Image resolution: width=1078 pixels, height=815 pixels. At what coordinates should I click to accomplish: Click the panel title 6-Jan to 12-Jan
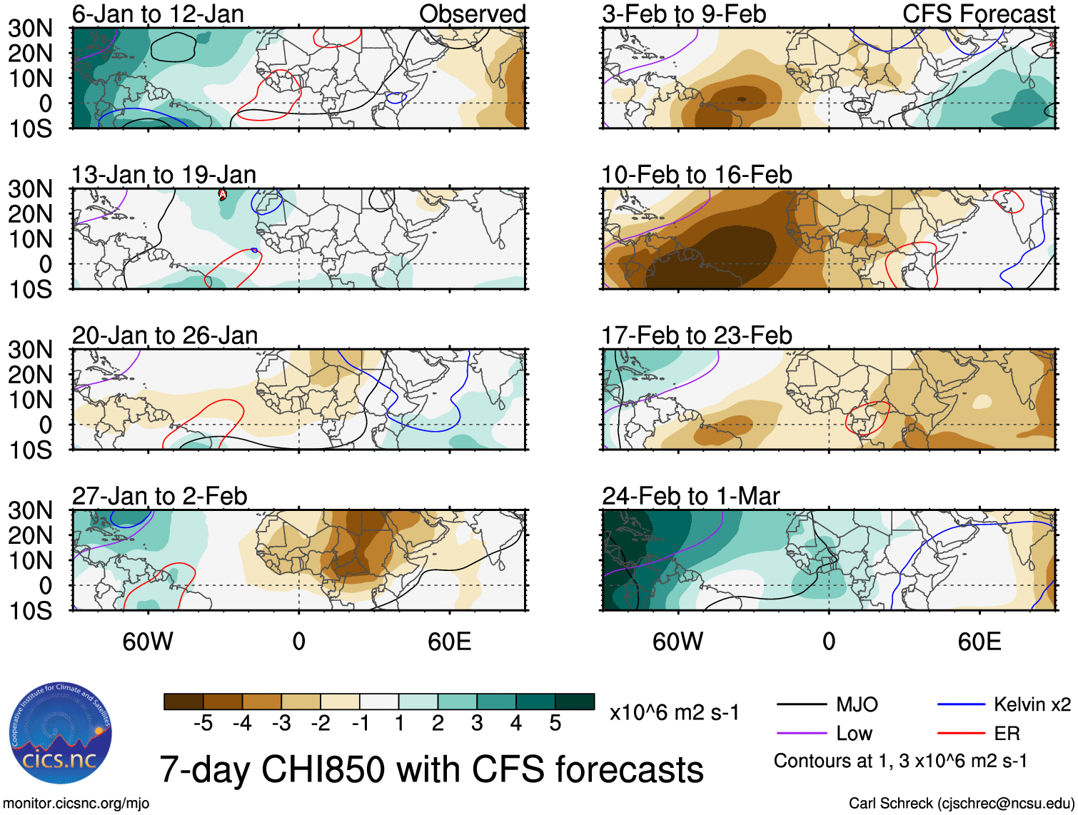[x=158, y=14]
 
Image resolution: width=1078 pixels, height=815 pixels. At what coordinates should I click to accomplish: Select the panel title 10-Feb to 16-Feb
[x=696, y=175]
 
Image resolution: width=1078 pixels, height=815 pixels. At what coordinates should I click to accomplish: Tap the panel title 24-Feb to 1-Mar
[x=690, y=496]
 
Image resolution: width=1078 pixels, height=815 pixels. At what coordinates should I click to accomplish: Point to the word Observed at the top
[x=472, y=14]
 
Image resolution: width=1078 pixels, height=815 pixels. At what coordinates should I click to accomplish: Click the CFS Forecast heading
[x=978, y=14]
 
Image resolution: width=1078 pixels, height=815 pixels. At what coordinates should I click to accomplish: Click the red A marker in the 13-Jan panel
[x=223, y=194]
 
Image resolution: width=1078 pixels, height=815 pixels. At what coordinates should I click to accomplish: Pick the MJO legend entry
[x=857, y=705]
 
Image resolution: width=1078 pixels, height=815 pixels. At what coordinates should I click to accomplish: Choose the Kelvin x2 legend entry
[x=1032, y=705]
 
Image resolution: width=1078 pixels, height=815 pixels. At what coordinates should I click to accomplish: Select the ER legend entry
[x=1007, y=734]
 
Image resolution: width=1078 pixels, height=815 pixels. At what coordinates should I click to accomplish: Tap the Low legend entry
[x=854, y=734]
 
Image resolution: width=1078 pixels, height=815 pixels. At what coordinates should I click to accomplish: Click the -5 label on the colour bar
[x=203, y=724]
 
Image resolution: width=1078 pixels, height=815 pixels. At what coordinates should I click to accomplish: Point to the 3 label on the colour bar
[x=477, y=724]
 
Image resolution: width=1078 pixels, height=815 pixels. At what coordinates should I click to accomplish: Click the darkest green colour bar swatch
[x=575, y=702]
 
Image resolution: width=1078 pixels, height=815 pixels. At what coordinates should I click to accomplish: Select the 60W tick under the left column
[x=148, y=642]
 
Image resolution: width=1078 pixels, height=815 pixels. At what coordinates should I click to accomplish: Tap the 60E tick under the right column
[x=979, y=642]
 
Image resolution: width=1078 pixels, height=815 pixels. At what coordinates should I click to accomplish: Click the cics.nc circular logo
[x=61, y=733]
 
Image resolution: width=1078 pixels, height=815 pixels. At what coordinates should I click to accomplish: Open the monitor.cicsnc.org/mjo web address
[x=76, y=804]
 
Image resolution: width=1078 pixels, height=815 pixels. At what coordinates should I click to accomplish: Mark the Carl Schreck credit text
[x=961, y=804]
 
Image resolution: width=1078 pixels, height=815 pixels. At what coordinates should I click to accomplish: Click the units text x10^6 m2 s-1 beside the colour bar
[x=674, y=712]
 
